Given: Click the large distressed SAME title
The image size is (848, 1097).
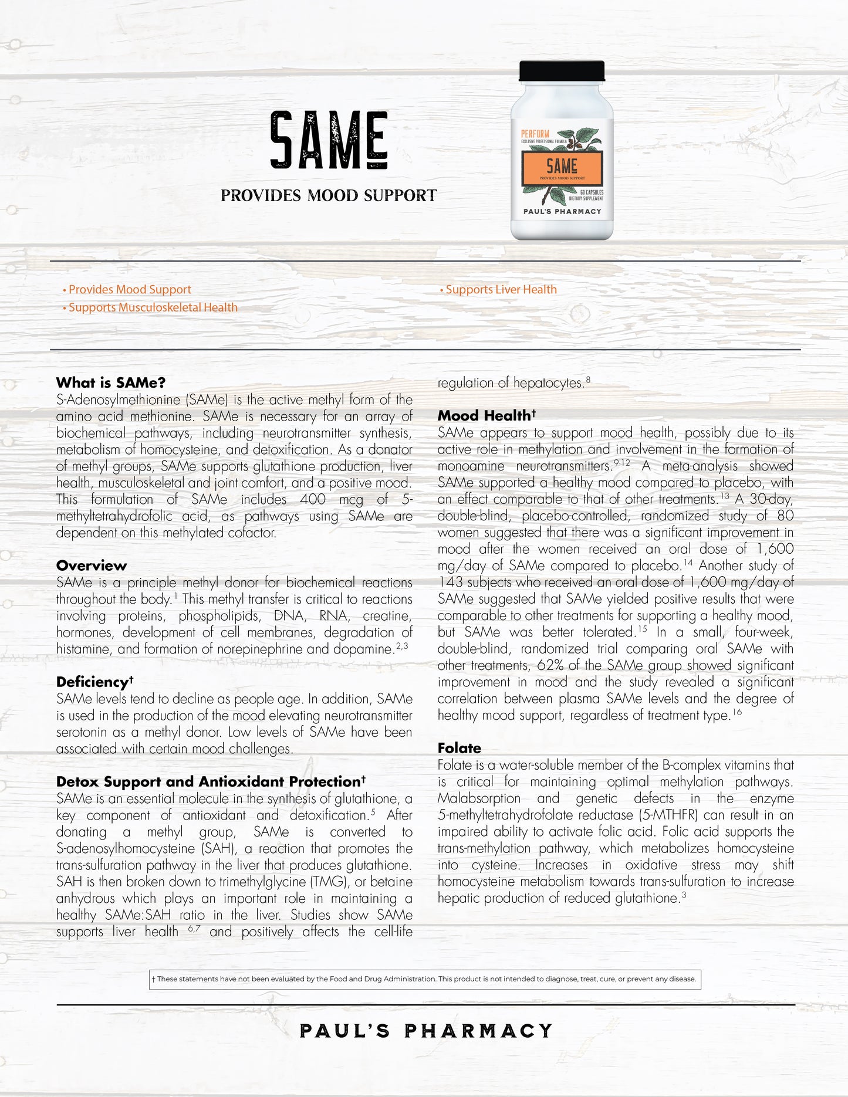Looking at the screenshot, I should [329, 140].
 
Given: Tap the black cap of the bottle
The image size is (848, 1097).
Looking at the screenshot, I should [562, 70].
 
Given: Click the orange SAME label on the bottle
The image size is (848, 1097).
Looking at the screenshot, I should [562, 167].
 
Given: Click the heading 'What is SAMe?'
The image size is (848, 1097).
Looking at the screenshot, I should [111, 382].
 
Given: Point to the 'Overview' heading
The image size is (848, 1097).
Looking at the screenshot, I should [92, 566].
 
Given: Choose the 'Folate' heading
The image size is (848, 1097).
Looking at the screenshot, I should [459, 748].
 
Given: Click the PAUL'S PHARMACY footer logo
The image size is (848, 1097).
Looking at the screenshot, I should [425, 1031].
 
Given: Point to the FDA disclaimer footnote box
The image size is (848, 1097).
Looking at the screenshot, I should [425, 979].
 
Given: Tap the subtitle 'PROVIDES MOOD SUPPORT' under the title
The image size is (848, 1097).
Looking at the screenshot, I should [329, 195].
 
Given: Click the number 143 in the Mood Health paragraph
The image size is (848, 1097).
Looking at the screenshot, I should [450, 583].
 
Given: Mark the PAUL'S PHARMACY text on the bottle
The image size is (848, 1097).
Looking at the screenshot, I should [562, 211].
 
